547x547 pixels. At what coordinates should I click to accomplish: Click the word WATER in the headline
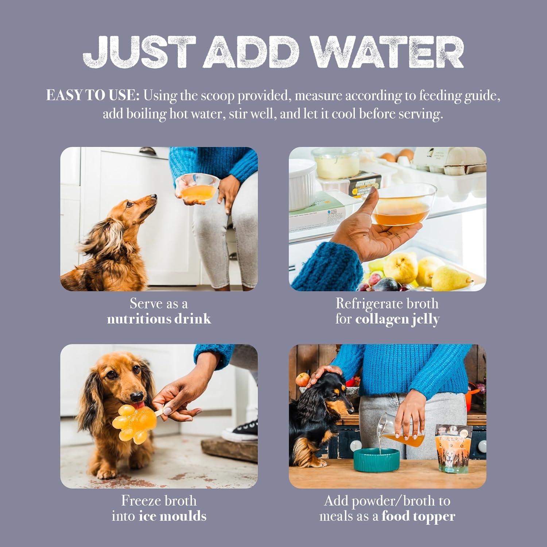point(388,52)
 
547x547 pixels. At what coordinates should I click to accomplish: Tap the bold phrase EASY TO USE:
point(93,96)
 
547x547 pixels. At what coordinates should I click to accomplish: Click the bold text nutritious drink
point(159,319)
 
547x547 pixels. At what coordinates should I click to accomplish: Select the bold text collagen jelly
point(397,319)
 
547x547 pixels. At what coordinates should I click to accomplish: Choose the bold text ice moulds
point(172,516)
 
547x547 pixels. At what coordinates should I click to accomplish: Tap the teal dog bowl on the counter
point(376,459)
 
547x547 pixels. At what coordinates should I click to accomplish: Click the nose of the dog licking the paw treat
point(137,397)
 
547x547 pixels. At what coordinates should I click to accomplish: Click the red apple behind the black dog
point(302,380)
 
